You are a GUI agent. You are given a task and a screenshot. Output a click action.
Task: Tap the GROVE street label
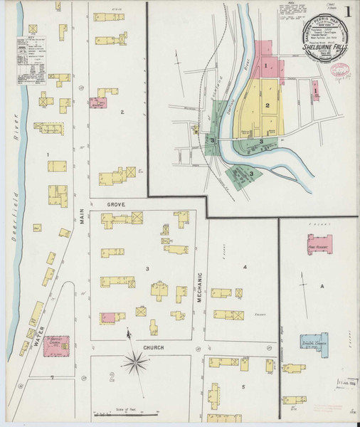coord(116,204)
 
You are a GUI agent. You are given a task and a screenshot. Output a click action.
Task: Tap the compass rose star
coord(133,364)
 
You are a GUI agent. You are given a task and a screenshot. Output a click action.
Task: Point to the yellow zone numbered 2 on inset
coord(267,105)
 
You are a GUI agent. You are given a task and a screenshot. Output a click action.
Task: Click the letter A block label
coord(322,285)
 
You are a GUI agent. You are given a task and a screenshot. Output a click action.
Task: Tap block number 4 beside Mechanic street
coord(244,267)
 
